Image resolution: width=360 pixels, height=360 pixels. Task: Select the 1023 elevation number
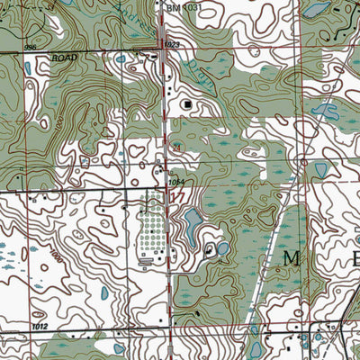(172, 43)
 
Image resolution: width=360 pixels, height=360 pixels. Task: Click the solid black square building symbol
(186, 105)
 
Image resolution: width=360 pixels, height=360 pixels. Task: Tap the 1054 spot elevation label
(176, 183)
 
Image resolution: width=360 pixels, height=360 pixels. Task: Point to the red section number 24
(177, 147)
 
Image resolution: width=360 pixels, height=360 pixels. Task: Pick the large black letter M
(291, 259)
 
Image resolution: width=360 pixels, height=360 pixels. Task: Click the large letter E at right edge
(355, 259)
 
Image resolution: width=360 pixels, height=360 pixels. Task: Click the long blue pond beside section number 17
(192, 225)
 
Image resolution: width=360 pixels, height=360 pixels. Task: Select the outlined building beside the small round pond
(209, 249)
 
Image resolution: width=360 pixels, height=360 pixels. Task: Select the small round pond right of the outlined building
(222, 247)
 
